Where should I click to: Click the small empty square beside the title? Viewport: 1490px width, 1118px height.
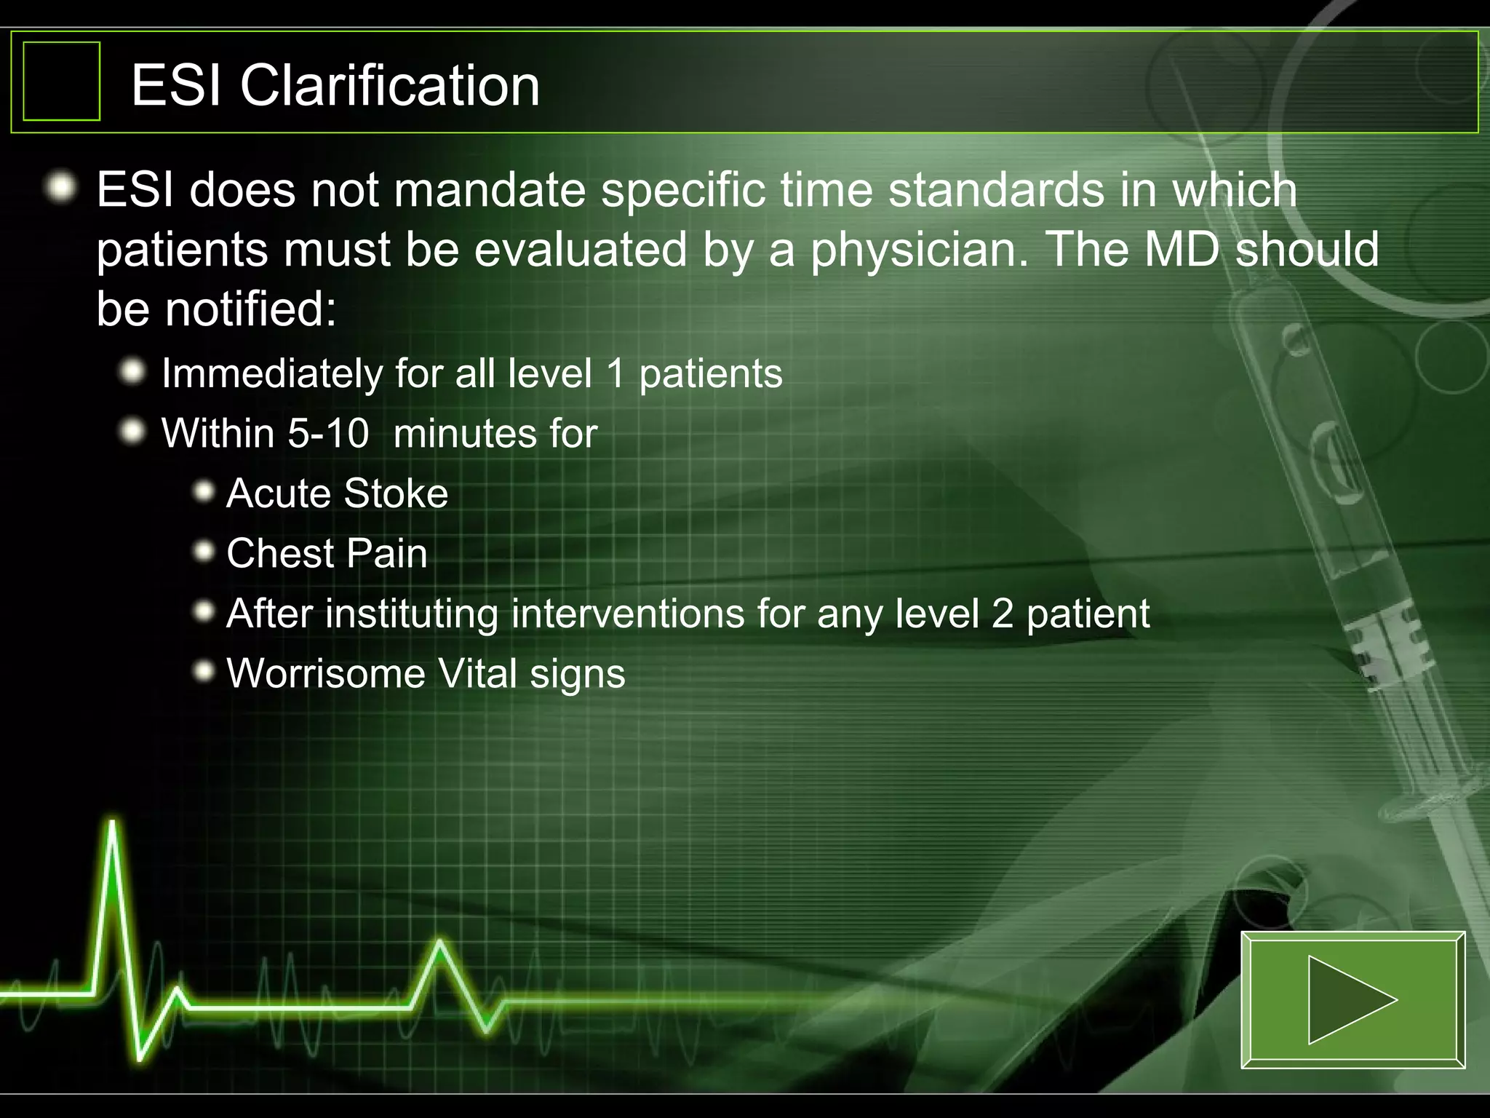coord(62,81)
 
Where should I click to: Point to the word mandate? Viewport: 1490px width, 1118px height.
coord(490,190)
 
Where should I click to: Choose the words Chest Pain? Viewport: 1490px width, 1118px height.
coord(327,553)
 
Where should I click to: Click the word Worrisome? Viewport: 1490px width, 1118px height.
coord(326,673)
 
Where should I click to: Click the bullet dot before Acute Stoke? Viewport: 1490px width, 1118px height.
coord(204,493)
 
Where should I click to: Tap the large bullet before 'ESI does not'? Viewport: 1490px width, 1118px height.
coord(61,189)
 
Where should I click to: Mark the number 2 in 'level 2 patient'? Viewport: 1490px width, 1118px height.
coord(1002,614)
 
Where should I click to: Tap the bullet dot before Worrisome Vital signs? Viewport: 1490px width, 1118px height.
coord(204,672)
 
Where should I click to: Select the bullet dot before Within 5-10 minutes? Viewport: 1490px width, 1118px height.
coord(132,432)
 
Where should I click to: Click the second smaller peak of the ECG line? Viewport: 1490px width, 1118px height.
coord(439,944)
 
